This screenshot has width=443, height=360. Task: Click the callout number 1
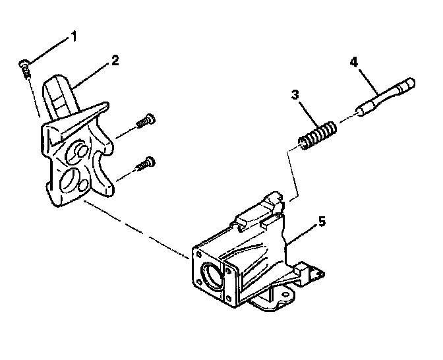click(74, 36)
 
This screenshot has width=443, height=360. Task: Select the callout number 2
click(115, 59)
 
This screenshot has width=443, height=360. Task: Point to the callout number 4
click(353, 63)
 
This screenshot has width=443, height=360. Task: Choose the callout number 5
click(322, 222)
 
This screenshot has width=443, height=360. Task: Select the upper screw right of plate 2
click(146, 121)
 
